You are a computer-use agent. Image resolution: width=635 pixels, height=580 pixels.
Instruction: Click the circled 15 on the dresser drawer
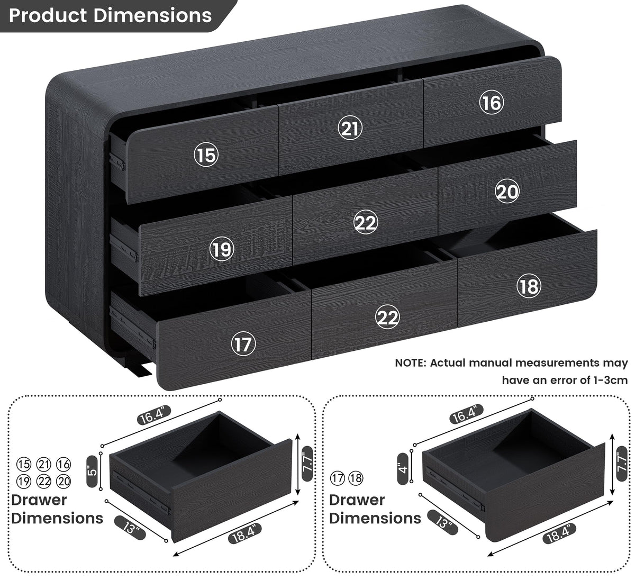[x=206, y=155]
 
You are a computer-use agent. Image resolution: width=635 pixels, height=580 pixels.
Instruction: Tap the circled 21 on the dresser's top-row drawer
[x=350, y=128]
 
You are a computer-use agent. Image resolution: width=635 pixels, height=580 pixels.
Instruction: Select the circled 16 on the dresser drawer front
[x=492, y=102]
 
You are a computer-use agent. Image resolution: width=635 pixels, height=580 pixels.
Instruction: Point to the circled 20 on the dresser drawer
[x=507, y=191]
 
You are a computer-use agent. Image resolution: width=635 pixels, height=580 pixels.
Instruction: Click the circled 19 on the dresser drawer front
[x=222, y=249]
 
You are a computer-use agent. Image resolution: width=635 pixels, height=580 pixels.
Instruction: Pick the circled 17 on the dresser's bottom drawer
[x=243, y=344]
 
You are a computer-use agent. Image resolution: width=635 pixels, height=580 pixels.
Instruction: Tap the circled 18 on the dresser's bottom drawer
[x=529, y=286]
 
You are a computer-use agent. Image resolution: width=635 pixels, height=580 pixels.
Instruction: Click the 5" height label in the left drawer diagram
[x=93, y=471]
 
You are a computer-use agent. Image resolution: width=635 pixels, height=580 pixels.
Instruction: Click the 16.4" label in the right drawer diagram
[x=466, y=414]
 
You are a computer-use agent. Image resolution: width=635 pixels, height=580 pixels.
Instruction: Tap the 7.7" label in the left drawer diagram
[x=307, y=463]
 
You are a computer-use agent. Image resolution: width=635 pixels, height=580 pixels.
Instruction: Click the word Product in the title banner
[x=48, y=15]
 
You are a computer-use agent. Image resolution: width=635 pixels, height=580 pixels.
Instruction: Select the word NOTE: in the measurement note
[x=411, y=363]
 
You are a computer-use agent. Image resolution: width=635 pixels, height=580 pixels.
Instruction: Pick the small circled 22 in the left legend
[x=44, y=481]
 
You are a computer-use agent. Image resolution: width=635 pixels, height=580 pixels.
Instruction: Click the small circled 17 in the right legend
[x=337, y=478]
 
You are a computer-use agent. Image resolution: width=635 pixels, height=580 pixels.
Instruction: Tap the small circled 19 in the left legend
[x=24, y=481]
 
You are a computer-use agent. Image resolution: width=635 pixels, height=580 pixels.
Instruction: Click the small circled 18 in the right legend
[x=356, y=478]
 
